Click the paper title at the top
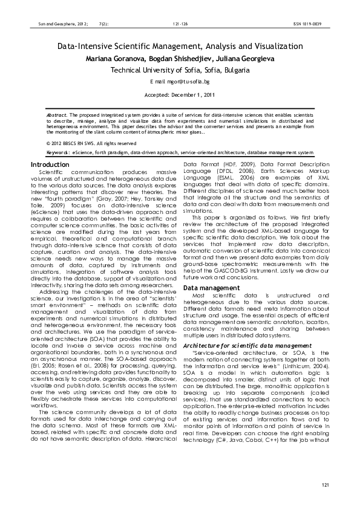point(180,46)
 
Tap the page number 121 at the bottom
point(325,485)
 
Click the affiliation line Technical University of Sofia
point(180,70)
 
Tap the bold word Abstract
point(57,114)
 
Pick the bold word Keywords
point(57,153)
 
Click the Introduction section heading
point(50,164)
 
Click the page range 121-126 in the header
point(180,24)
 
